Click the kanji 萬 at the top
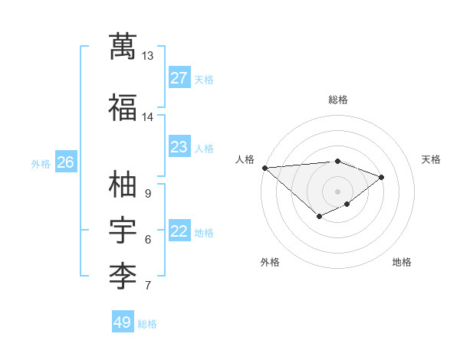coord(123,46)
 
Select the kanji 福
coord(123,107)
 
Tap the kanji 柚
coord(123,184)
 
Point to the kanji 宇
coord(123,230)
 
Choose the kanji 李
coord(123,277)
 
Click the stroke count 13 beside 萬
coord(147,56)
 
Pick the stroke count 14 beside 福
coord(147,117)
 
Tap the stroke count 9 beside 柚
coord(148,194)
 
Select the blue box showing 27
coord(179,77)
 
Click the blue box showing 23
coord(179,146)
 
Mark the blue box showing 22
coord(179,230)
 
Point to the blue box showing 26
coord(66,162)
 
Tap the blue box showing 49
coord(123,321)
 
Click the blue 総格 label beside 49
coord(147,324)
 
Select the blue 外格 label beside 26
coord(41,164)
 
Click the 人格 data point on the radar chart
coord(265,168)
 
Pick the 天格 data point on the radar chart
coord(381,178)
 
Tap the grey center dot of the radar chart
coord(337,191)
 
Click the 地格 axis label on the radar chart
coord(402,262)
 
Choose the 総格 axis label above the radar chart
coord(338,100)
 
